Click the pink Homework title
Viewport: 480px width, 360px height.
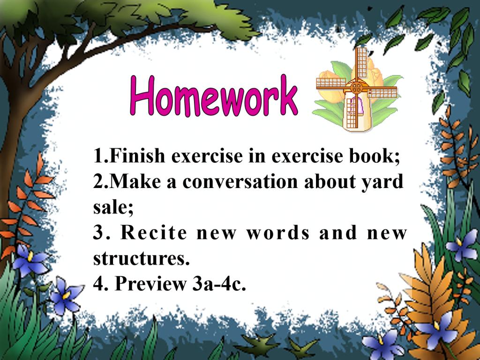(214, 96)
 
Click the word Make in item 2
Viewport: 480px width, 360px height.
(135, 181)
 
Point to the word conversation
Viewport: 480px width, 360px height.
(240, 181)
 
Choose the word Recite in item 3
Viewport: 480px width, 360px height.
(154, 232)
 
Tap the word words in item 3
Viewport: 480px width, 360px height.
(278, 232)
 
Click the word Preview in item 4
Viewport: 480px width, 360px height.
(150, 284)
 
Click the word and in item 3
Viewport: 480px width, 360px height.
(338, 232)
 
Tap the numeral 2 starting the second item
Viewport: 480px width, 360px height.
(97, 181)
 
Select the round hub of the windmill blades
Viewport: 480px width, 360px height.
(356, 88)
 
